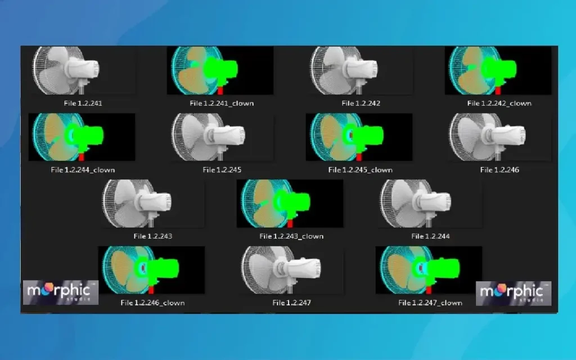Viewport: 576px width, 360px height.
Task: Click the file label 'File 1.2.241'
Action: (x=83, y=103)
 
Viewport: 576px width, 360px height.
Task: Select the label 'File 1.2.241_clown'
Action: (x=222, y=103)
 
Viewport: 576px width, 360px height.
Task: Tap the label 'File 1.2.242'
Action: (x=361, y=103)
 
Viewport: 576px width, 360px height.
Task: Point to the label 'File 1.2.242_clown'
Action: (x=499, y=103)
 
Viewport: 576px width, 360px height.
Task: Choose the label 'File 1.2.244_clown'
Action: (x=83, y=170)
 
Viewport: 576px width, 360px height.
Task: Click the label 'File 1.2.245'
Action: (x=222, y=170)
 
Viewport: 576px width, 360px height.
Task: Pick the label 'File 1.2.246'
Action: (x=499, y=170)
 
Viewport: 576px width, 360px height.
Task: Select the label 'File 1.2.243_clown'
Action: (x=291, y=236)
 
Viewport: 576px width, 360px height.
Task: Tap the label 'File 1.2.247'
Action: (x=292, y=303)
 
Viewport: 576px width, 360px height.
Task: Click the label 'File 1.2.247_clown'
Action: (x=430, y=303)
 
